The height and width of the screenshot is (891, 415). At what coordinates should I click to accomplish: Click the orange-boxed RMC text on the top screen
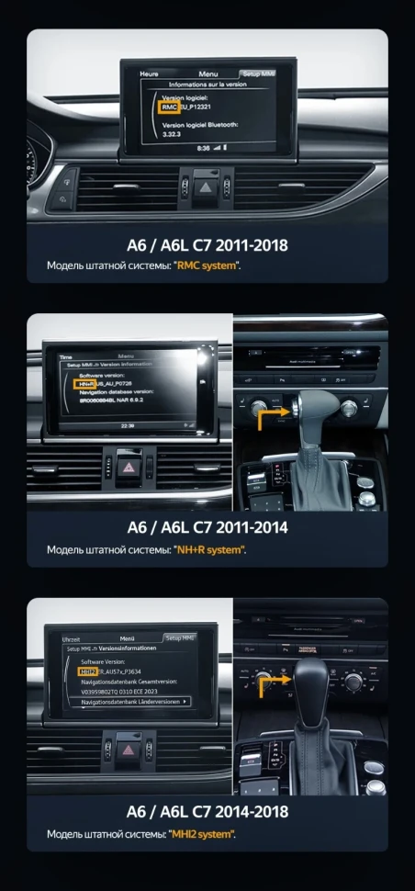(156, 107)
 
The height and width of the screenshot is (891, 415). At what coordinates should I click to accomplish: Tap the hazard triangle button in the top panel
(207, 186)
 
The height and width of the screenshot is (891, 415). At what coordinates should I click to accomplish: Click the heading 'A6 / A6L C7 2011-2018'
(207, 245)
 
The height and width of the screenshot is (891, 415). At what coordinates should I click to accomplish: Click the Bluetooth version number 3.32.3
(173, 133)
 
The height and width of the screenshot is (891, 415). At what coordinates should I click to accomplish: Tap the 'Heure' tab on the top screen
(149, 73)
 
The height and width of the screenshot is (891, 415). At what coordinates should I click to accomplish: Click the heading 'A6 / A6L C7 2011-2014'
(207, 527)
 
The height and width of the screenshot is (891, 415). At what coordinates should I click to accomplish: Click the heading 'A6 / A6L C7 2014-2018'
(207, 812)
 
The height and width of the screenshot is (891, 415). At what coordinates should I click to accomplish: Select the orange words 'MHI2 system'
(203, 834)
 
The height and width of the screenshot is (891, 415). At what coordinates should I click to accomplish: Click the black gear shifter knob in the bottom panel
(312, 681)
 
